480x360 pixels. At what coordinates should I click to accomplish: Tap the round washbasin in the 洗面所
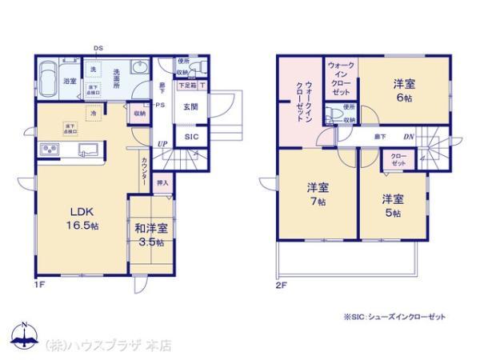(138, 68)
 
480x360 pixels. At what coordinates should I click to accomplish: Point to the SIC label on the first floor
(192, 138)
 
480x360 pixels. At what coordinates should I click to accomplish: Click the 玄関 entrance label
(190, 107)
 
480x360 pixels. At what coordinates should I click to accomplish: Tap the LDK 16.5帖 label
(82, 218)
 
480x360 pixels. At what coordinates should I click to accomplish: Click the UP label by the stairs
(162, 144)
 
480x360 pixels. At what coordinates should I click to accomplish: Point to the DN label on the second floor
(408, 137)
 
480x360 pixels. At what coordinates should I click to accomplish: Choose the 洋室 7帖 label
(318, 195)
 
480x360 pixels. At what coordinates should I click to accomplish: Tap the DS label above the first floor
(98, 49)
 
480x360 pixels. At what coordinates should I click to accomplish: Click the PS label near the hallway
(160, 104)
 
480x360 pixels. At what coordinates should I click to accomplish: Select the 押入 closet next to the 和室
(162, 183)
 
